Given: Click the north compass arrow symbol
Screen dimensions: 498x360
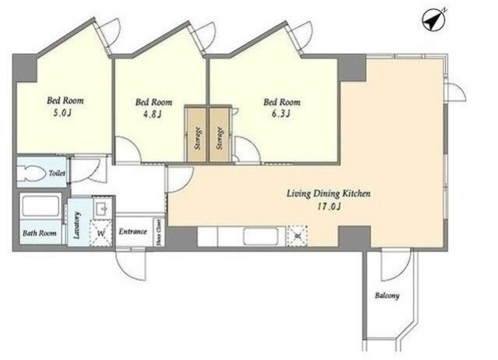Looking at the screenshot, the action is click(433, 20).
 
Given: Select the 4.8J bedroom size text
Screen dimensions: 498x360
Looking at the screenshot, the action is click(153, 114).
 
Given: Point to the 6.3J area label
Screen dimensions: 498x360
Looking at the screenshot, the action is click(280, 114).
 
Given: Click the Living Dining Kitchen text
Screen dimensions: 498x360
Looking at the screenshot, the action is click(328, 194).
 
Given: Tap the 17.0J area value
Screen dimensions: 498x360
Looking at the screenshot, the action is click(329, 207).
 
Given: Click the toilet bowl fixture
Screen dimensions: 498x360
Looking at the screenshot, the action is click(31, 173).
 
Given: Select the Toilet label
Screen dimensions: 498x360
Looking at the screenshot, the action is click(57, 173).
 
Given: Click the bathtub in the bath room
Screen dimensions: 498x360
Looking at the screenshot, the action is click(40, 205).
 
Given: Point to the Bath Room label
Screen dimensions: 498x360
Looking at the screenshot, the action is click(40, 233).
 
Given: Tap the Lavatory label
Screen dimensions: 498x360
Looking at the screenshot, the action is click(76, 225).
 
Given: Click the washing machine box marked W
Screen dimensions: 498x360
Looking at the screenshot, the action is click(101, 233).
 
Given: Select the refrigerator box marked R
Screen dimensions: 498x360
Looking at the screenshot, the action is click(297, 236).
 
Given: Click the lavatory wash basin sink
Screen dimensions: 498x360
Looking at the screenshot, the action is click(102, 208).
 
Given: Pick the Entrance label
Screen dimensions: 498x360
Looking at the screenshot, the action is click(133, 232).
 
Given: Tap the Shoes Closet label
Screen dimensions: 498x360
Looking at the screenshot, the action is click(159, 232).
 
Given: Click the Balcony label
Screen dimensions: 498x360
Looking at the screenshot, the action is click(388, 296).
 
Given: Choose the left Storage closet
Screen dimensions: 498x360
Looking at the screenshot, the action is click(197, 135).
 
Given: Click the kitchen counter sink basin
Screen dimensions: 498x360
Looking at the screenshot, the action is click(265, 236).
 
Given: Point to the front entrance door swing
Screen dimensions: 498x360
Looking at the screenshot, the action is click(131, 264).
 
